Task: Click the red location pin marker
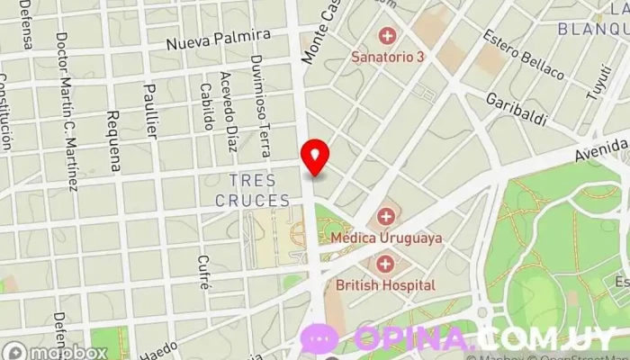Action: pos(315,157)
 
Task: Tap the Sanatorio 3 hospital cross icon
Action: pos(387,37)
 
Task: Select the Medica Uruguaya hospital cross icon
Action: pos(386,217)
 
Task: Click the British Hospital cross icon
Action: pos(386,265)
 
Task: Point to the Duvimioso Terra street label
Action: pos(260,94)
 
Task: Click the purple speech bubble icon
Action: pos(319,338)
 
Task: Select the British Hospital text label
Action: pos(385,285)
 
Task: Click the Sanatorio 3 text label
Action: pos(387,57)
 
